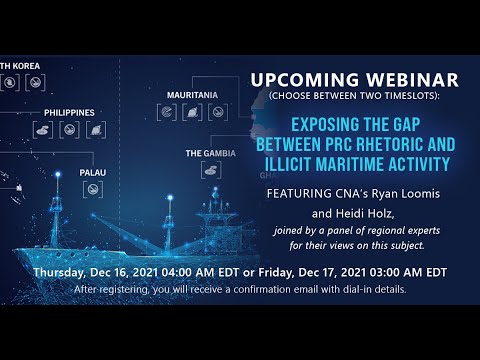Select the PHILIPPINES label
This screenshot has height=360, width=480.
[69, 112]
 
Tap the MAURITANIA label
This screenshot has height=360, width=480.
[192, 95]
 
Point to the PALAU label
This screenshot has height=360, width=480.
[93, 171]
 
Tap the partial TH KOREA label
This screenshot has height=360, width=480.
[19, 67]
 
